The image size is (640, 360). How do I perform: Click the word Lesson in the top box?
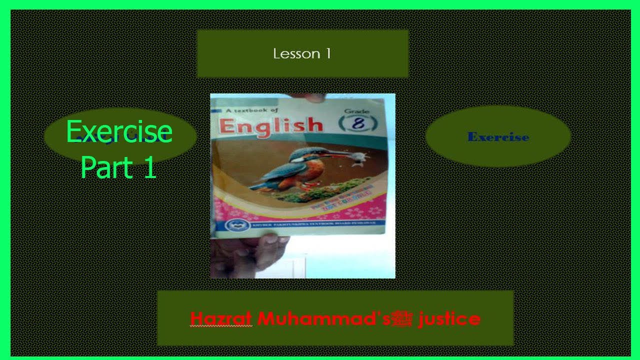[x=296, y=54]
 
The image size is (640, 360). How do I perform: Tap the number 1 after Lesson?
[x=328, y=54]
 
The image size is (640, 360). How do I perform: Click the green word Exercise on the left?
[x=119, y=132]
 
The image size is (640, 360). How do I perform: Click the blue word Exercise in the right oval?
[x=498, y=137]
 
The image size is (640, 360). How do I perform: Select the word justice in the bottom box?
[x=449, y=318]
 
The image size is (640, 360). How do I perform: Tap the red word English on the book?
[x=270, y=125]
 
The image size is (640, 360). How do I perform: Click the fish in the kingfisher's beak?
[x=357, y=159]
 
